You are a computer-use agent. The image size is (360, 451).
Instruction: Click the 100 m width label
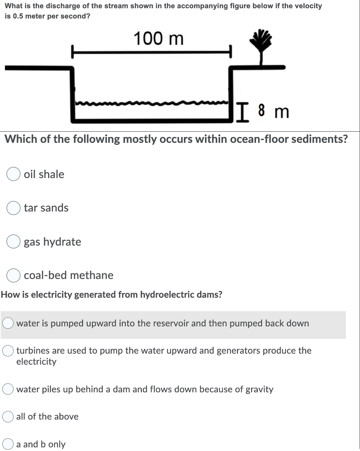tap(158, 38)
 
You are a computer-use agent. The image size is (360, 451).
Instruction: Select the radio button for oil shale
tap(13, 174)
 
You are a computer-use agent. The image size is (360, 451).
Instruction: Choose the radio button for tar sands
tap(13, 208)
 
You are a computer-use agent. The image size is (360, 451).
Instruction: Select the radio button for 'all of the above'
tap(8, 417)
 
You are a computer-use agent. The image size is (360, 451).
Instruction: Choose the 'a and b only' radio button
tap(8, 444)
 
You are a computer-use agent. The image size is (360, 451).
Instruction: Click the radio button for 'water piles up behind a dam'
tap(8, 389)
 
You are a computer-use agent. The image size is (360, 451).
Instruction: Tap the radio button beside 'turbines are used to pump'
tap(8, 350)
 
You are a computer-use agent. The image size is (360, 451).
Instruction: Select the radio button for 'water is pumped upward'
tap(8, 323)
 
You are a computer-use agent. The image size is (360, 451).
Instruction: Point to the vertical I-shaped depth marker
tap(242, 112)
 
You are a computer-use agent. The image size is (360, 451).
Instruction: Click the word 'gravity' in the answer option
tap(260, 389)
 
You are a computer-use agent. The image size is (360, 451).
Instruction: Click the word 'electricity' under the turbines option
tap(36, 361)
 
